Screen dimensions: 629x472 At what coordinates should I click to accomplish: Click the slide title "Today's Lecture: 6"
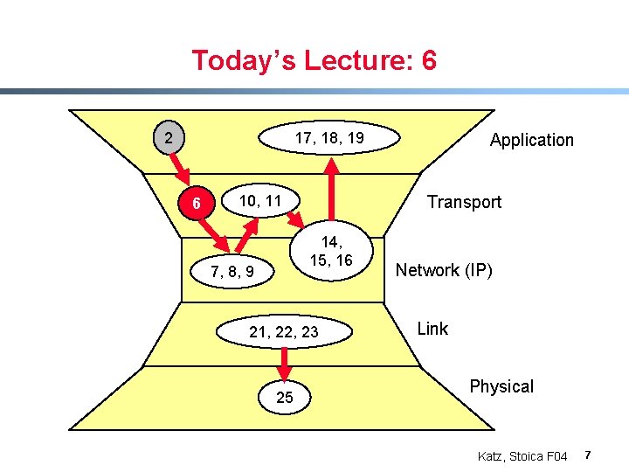314,61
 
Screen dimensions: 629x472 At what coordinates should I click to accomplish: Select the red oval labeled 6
198,205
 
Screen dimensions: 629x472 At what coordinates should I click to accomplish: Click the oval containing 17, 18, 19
328,138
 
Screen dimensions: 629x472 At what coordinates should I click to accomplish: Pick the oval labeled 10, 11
260,201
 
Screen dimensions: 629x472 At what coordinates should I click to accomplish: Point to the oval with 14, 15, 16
335,252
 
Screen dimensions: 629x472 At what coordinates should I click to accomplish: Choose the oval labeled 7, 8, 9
232,273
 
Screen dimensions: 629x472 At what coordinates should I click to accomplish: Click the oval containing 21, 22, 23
284,332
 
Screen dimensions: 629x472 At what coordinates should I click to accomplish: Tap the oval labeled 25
284,399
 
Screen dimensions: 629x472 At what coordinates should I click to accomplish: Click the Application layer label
531,140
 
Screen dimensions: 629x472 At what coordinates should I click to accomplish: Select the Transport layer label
463,202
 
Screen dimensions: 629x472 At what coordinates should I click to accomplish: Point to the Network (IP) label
444,270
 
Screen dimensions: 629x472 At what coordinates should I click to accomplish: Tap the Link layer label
432,329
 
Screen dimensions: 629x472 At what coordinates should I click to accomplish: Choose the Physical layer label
501,386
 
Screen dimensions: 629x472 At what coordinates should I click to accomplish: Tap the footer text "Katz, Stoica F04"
522,456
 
